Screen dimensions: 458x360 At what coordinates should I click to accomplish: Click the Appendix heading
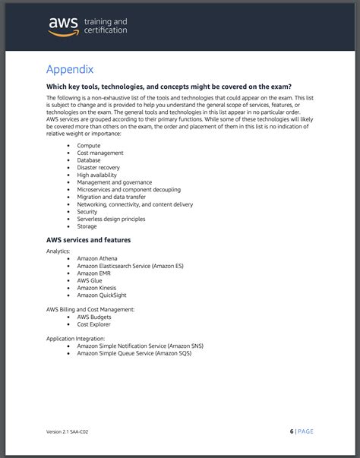pyautogui.click(x=69, y=69)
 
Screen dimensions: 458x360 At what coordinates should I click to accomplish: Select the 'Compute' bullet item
pyautogui.click(x=89, y=145)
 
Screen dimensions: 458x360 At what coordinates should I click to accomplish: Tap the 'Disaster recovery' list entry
pyautogui.click(x=98, y=167)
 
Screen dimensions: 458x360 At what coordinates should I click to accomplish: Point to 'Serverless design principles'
pyautogui.click(x=112, y=219)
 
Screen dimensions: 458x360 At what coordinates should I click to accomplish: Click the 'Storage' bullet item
pyautogui.click(x=87, y=226)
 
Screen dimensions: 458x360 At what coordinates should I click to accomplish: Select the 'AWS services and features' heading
pyautogui.click(x=88, y=240)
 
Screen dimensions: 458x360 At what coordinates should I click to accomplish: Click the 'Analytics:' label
pyautogui.click(x=58, y=251)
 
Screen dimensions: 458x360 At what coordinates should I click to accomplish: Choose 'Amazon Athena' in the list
pyautogui.click(x=96, y=258)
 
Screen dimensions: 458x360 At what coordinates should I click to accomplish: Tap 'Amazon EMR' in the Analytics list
pyautogui.click(x=93, y=273)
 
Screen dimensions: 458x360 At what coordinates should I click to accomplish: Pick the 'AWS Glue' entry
pyautogui.click(x=90, y=280)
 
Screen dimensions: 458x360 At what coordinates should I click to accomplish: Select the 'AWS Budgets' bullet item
pyautogui.click(x=94, y=317)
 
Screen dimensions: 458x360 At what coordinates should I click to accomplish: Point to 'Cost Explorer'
pyautogui.click(x=94, y=324)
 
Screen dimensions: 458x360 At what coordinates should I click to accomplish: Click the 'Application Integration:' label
pyautogui.click(x=75, y=338)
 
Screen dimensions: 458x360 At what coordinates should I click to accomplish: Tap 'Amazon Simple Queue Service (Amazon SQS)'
pyautogui.click(x=134, y=353)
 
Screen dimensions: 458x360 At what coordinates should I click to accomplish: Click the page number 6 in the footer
pyautogui.click(x=292, y=431)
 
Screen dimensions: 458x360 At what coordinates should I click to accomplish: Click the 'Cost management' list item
pyautogui.click(x=99, y=153)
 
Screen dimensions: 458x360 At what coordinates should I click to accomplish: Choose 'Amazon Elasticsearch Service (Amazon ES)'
pyautogui.click(x=130, y=266)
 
